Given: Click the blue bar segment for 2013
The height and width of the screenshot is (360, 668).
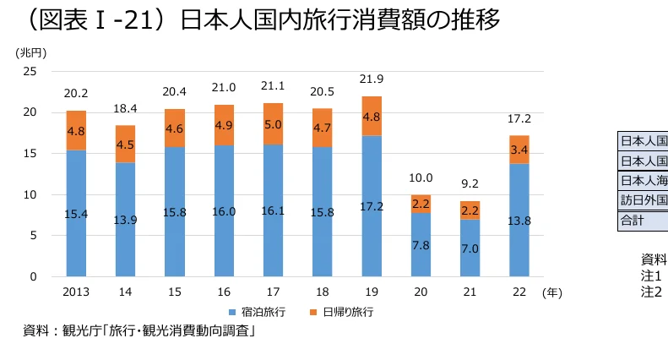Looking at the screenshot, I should click(76, 213).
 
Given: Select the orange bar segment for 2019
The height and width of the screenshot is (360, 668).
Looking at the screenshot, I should click(371, 116).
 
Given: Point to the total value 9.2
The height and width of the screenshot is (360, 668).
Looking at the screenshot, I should click(469, 183).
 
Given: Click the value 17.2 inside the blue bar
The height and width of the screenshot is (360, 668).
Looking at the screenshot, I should click(371, 206).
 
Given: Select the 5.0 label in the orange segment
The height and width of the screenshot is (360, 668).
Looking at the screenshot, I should click(273, 124).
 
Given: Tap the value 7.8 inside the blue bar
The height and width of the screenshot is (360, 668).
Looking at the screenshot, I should click(420, 245).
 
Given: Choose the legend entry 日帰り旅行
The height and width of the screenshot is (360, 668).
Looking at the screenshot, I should click(342, 311).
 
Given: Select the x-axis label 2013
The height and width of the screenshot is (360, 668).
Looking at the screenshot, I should click(76, 292).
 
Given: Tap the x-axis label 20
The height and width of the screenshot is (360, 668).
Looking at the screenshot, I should click(420, 292).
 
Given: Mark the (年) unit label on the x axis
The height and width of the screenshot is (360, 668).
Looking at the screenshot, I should click(551, 292).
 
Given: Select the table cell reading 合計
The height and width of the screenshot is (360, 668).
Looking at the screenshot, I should click(633, 221).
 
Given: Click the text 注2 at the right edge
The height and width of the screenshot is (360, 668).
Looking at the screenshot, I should click(650, 292).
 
